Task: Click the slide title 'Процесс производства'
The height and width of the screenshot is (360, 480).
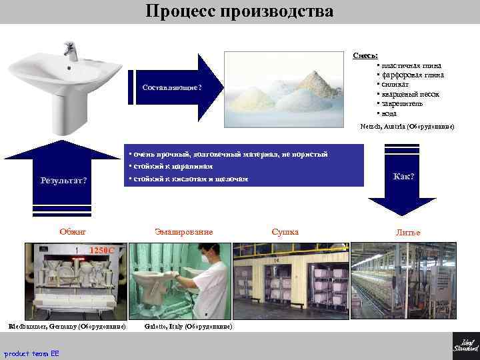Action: click(x=239, y=11)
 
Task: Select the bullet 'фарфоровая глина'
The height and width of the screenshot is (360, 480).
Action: click(x=412, y=75)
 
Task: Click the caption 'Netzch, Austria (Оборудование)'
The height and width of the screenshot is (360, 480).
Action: click(x=407, y=125)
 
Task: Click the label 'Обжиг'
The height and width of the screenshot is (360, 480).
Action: click(x=73, y=232)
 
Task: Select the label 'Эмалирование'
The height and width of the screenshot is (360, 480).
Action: click(x=183, y=232)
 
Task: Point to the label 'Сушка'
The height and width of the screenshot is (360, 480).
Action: click(x=285, y=232)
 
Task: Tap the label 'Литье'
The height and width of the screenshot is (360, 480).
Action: click(x=408, y=233)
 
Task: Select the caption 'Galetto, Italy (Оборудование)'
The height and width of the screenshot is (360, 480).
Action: click(x=188, y=327)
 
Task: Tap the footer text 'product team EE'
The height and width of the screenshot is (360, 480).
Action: click(x=31, y=353)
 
